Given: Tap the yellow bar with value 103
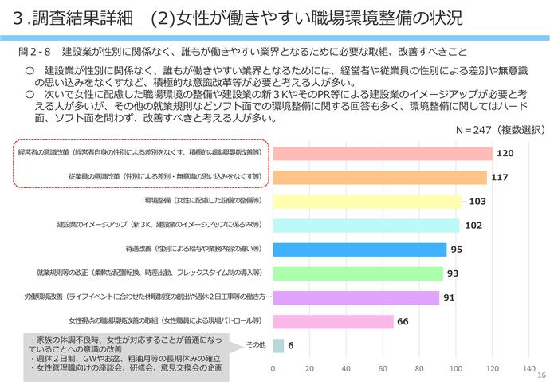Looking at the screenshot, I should (367, 202).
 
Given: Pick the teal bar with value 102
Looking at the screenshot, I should (366, 226).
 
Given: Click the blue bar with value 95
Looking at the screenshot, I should (359, 250).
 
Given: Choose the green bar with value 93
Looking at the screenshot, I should (358, 273).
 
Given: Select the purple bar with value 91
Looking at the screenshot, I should (356, 297).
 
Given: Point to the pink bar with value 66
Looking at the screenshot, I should (333, 321).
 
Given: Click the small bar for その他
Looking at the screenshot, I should (278, 345).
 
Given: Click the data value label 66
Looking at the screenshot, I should (403, 321).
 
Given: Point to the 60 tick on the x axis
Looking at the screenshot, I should (383, 369).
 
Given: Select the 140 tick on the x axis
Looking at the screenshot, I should (528, 369).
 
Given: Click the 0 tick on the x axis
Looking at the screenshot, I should (273, 369).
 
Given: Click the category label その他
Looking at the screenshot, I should (256, 344).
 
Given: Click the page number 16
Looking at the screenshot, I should (541, 376).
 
